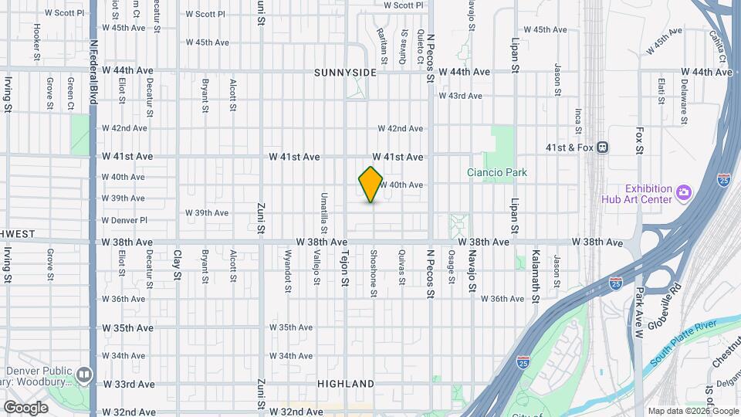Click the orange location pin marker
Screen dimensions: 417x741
click(371, 185)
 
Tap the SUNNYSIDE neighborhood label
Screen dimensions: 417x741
click(345, 73)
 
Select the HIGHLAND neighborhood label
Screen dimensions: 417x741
click(345, 384)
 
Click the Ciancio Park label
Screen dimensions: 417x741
click(496, 172)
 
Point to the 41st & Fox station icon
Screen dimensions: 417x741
click(603, 147)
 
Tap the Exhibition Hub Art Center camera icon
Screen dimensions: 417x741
click(682, 192)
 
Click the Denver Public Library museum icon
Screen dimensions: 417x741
click(84, 375)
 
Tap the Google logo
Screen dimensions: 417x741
click(26, 407)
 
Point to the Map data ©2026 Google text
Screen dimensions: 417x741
click(691, 411)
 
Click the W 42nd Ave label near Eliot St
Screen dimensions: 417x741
click(129, 128)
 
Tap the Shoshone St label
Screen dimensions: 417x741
click(373, 273)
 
